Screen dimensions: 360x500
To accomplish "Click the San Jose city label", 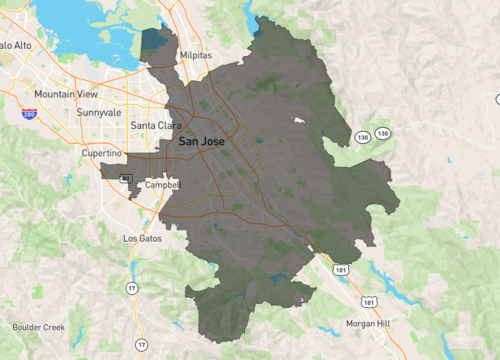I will [x=201, y=142].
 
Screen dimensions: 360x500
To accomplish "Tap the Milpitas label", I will [x=196, y=57].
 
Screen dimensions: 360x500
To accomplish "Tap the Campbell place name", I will [x=161, y=185].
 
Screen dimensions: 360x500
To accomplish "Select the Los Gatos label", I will [x=141, y=239].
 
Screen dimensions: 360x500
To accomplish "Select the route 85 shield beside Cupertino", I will [x=125, y=178].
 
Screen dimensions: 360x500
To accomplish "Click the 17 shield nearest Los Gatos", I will [x=131, y=289].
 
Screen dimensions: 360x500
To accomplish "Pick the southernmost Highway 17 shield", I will [x=141, y=345].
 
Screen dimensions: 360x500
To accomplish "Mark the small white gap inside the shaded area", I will [x=298, y=121].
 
